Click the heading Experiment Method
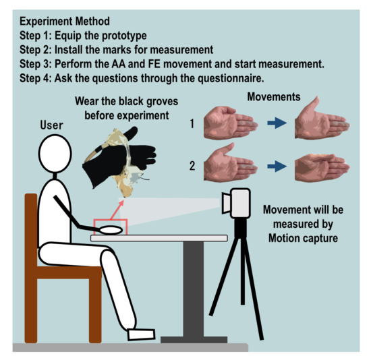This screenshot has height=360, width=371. pos(65,22)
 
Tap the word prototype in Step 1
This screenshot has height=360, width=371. pos(124,36)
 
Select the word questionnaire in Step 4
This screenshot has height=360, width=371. pos(231,78)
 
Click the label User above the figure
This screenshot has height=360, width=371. pos(51,125)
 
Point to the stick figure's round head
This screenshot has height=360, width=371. pos(55,154)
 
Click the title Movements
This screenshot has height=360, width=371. pos(274,97)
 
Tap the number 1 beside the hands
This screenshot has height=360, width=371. pos(192,123)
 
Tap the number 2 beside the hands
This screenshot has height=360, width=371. pos(192,166)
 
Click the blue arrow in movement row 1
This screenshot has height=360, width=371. pos(277,123)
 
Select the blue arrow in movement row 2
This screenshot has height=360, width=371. pos(277,166)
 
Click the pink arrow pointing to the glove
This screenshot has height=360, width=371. pos(117,210)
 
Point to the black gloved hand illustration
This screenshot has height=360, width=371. pos(118,157)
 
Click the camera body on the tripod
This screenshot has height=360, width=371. pos(240,203)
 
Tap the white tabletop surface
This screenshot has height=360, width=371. pos(159,238)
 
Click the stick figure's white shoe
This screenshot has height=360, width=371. pos(141,334)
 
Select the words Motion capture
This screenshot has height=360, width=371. pos(303,238)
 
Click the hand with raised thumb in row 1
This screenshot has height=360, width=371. pos(322,118)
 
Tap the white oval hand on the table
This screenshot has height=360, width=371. pos(111,230)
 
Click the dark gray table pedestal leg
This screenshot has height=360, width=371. pos(194,289)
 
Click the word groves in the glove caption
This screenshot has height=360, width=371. pos(163,102)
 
